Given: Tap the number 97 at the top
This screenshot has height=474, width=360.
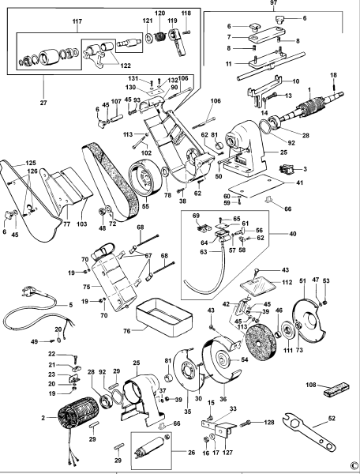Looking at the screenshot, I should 276,5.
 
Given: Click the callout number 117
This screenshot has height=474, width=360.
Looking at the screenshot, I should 77,20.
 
